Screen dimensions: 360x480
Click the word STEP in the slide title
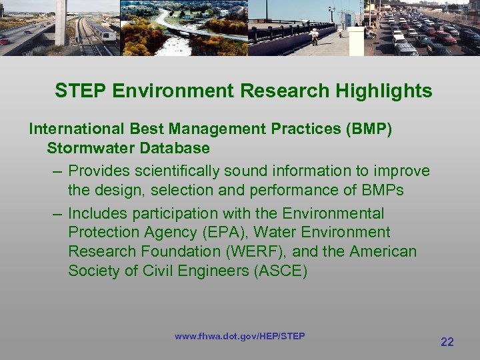76,91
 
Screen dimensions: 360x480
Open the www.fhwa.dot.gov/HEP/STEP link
239,336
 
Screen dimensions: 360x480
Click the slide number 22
447,342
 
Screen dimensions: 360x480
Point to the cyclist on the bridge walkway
313,35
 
